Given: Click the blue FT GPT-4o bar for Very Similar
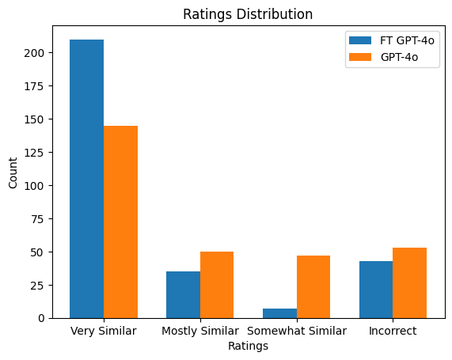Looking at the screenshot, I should coord(86,179).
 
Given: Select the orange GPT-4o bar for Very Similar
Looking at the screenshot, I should coord(120,222).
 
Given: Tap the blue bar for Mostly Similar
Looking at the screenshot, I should coord(183,294).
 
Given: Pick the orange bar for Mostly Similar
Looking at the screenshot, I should coord(217,285).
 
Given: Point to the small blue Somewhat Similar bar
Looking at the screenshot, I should coord(279,313).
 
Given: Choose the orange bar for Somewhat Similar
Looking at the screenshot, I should coord(313,286).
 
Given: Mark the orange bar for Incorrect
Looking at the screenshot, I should coord(410,282).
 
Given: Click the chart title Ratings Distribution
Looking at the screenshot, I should coord(248,14).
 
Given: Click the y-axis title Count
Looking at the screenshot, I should coord(13,173).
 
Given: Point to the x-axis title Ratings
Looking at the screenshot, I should coord(248,346).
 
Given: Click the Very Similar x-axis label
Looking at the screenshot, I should coord(104,331).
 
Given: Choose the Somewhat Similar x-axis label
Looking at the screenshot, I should coord(296,331).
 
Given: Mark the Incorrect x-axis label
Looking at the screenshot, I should coord(393,331).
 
